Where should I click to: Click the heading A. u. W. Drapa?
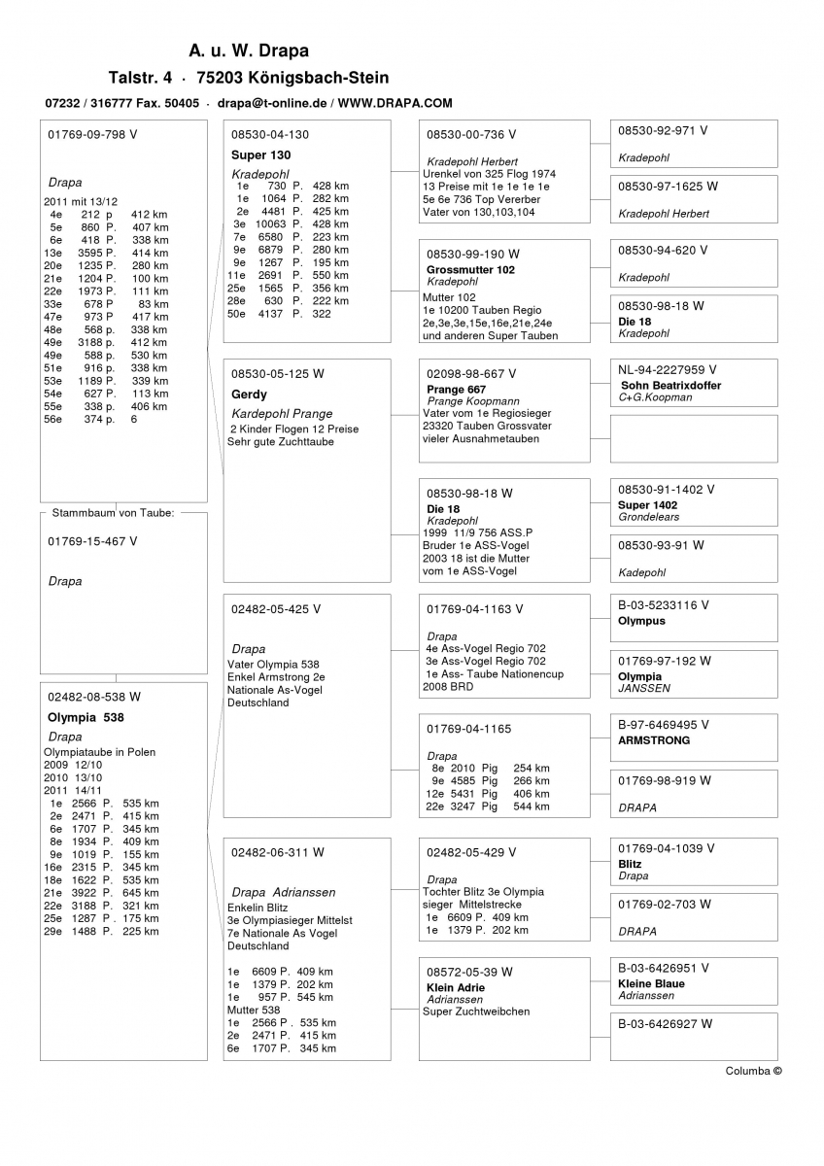249,51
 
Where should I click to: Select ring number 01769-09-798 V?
92,135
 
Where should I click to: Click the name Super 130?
261,154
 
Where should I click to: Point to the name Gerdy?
249,395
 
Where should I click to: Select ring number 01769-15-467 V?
92,541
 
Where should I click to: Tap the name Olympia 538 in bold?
86,717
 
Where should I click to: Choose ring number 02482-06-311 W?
278,852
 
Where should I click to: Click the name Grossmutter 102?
470,269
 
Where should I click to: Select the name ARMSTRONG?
654,740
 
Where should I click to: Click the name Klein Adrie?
456,987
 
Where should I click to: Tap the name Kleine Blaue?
651,983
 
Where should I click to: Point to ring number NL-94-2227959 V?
668,369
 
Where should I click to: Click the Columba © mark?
753,1071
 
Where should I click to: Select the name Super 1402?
647,505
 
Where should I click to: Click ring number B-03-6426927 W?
666,1023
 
